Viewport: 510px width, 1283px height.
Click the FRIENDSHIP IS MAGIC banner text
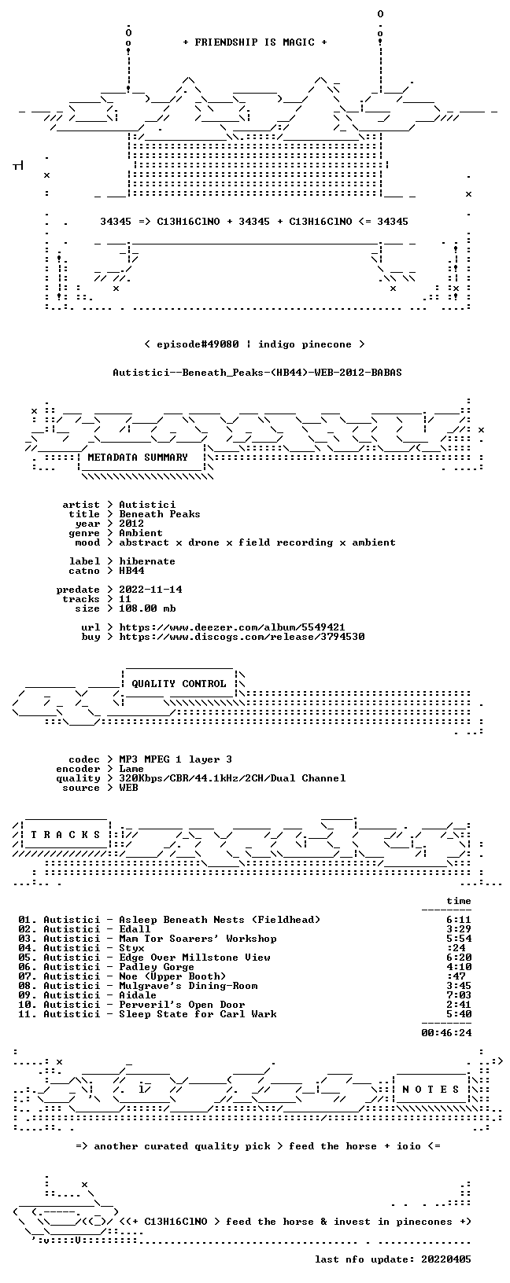(255, 42)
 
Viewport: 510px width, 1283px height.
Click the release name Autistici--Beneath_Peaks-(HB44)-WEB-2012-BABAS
(257, 373)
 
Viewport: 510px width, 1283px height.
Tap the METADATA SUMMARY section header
(138, 457)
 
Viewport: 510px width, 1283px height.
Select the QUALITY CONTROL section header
(179, 683)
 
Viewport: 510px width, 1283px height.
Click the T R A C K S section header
(65, 835)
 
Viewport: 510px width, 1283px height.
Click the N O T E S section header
(431, 1089)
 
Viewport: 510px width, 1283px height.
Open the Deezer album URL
(231, 627)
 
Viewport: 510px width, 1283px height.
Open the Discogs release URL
(242, 636)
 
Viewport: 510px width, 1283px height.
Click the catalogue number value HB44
(131, 571)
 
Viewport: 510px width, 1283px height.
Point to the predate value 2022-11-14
(150, 590)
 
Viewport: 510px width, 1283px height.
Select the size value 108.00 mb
(147, 608)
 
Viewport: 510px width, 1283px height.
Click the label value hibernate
(147, 561)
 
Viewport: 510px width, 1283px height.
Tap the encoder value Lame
(131, 769)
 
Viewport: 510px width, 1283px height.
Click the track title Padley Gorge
(157, 967)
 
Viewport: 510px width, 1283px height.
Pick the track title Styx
(131, 948)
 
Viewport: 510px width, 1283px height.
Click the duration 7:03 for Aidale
(459, 995)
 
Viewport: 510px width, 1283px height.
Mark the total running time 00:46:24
(446, 1033)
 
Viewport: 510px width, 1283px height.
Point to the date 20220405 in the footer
(446, 1270)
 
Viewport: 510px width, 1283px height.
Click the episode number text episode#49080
(198, 344)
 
